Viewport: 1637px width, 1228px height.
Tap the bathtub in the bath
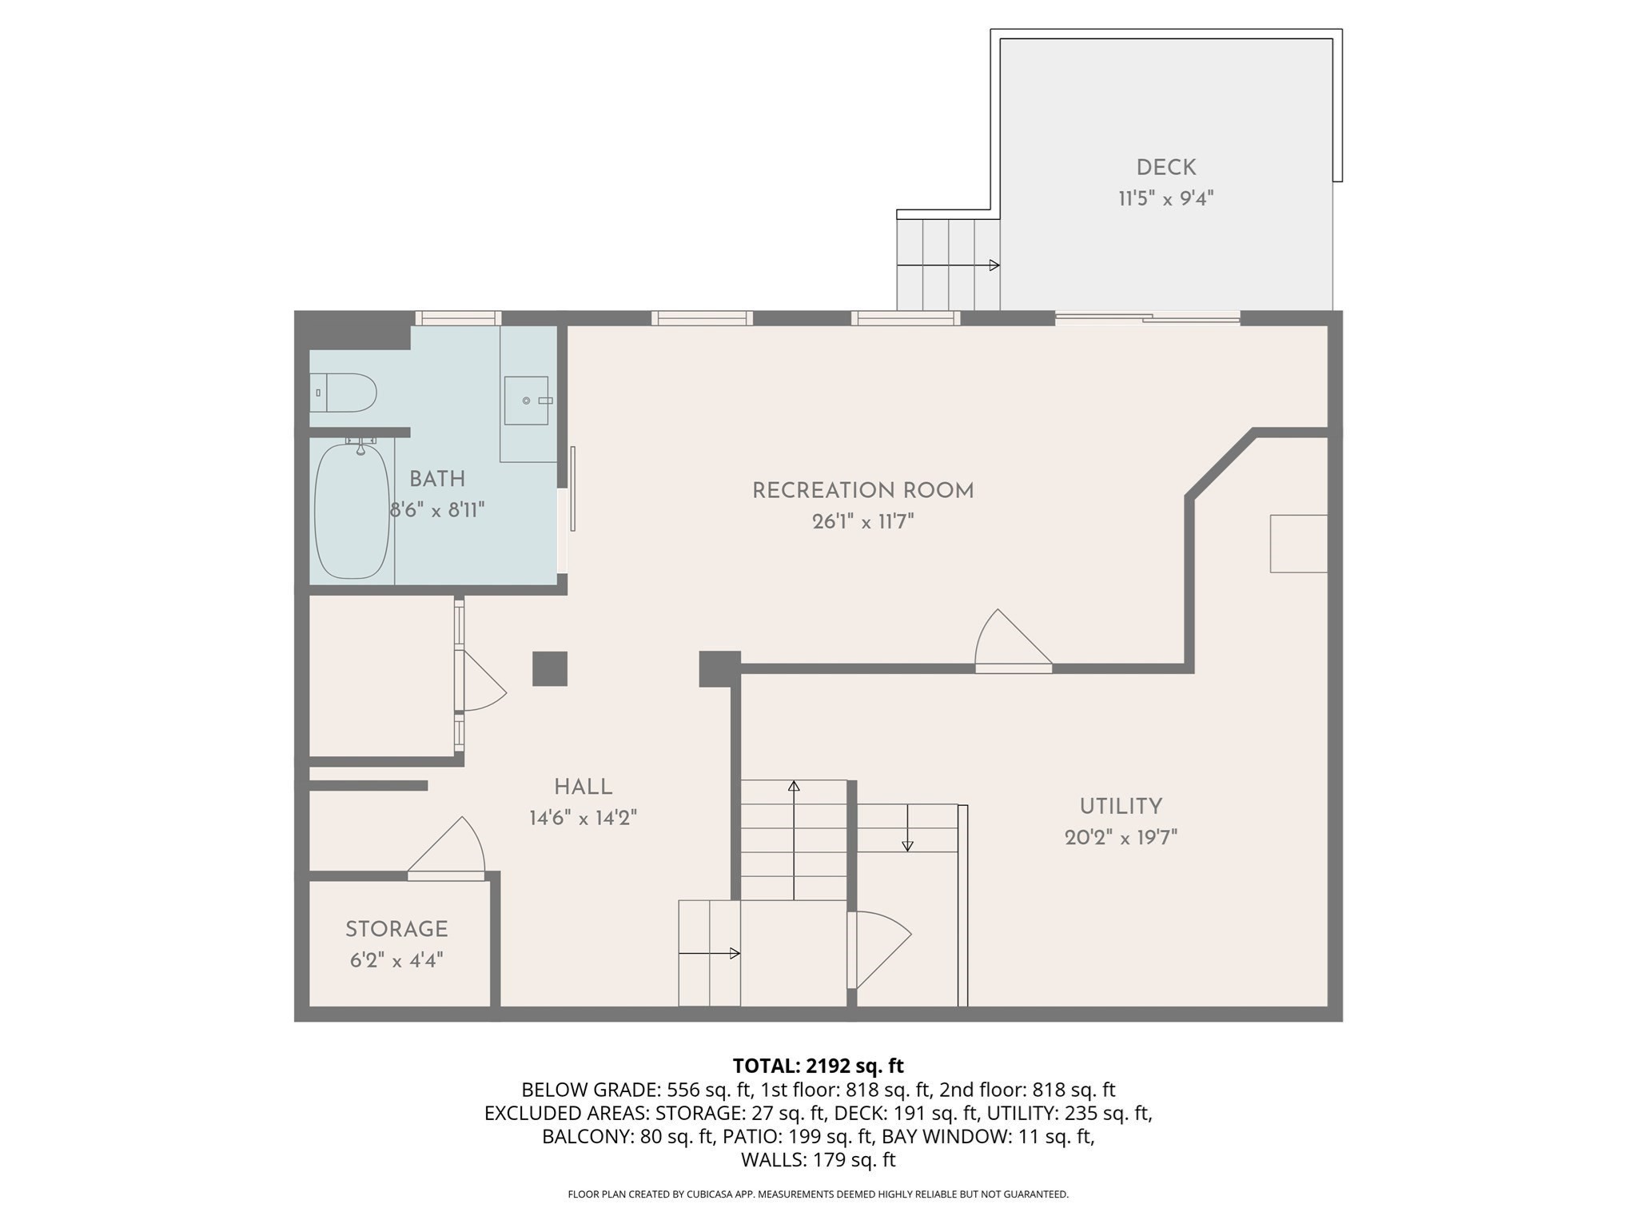point(352,512)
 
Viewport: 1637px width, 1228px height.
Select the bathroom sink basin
point(526,401)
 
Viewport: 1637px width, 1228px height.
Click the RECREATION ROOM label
point(862,490)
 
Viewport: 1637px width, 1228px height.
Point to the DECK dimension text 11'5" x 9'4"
point(1165,198)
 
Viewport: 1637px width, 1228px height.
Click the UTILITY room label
point(1121,806)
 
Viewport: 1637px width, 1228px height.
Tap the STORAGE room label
point(396,929)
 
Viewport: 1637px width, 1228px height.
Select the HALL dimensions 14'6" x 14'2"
point(583,818)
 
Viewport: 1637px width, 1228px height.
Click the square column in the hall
point(550,668)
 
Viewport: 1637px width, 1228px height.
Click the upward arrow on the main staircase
point(794,839)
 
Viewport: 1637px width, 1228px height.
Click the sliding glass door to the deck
point(1148,318)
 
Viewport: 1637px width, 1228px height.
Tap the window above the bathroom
point(458,318)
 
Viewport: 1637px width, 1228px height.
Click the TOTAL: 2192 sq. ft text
point(818,1066)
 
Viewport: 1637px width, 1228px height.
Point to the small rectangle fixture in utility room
point(1298,544)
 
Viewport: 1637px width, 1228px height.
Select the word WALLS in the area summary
point(772,1159)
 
